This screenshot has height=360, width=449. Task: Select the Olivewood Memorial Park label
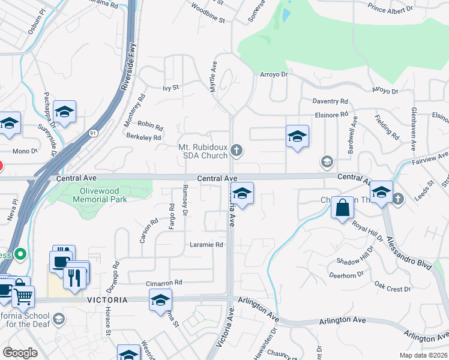(100, 195)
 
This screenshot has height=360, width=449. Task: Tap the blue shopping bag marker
(342, 208)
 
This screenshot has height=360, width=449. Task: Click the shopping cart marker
(23, 295)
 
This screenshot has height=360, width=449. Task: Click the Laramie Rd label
(206, 245)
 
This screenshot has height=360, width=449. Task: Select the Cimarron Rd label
(163, 283)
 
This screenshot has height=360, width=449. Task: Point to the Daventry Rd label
(330, 101)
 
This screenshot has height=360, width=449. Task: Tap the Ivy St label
(171, 88)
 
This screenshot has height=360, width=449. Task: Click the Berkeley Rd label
(144, 137)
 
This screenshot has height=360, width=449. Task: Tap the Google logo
(20, 352)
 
